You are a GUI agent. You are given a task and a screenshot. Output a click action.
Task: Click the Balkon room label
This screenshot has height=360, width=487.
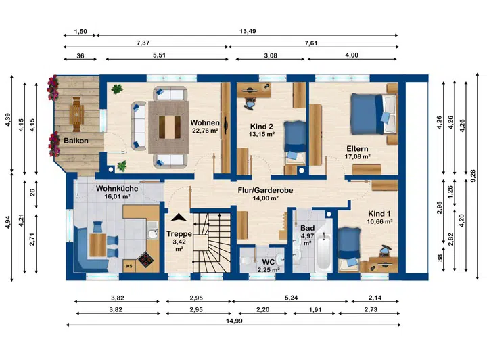coord(76,141)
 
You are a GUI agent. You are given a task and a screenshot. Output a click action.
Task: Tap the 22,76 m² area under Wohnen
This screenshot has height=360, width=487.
coord(205,131)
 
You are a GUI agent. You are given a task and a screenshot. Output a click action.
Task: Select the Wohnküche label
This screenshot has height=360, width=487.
coord(117,188)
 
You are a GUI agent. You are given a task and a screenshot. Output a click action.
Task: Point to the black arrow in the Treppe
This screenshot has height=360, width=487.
coord(179,217)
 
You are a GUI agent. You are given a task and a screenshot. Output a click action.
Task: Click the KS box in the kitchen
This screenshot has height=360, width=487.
coord(129,266)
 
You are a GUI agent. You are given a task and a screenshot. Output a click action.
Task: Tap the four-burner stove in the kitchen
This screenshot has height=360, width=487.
coord(145,260)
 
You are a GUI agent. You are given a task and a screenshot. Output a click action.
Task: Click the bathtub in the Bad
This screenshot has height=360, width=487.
coord(323,251)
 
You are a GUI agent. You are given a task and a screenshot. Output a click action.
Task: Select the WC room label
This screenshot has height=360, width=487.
coord(268,262)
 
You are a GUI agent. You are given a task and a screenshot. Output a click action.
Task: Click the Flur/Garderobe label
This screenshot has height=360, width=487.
coord(265,190)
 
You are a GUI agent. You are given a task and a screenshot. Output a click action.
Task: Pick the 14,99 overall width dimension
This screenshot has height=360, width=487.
coord(234,321)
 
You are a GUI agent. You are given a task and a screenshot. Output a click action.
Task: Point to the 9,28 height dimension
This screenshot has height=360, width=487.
coord(473,176)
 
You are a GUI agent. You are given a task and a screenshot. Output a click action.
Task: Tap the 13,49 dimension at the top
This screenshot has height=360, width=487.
coord(248,31)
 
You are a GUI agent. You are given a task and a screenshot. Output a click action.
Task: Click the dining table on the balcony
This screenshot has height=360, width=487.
coord(76,114)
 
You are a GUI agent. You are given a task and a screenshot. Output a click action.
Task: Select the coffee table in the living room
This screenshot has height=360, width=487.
coord(170,127)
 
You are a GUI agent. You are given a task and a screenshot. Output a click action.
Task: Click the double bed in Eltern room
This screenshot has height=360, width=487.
coord(373,114)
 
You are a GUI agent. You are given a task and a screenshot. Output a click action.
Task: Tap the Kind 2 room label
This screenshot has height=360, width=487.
coord(262,127)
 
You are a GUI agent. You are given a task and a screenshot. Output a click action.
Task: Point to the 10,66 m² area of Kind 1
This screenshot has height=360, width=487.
coord(379,221)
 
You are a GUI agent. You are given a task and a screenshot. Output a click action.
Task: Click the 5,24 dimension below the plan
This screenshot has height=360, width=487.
coord(292,298)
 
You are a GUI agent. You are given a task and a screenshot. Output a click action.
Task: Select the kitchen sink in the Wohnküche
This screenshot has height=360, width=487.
coord(152,234)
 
